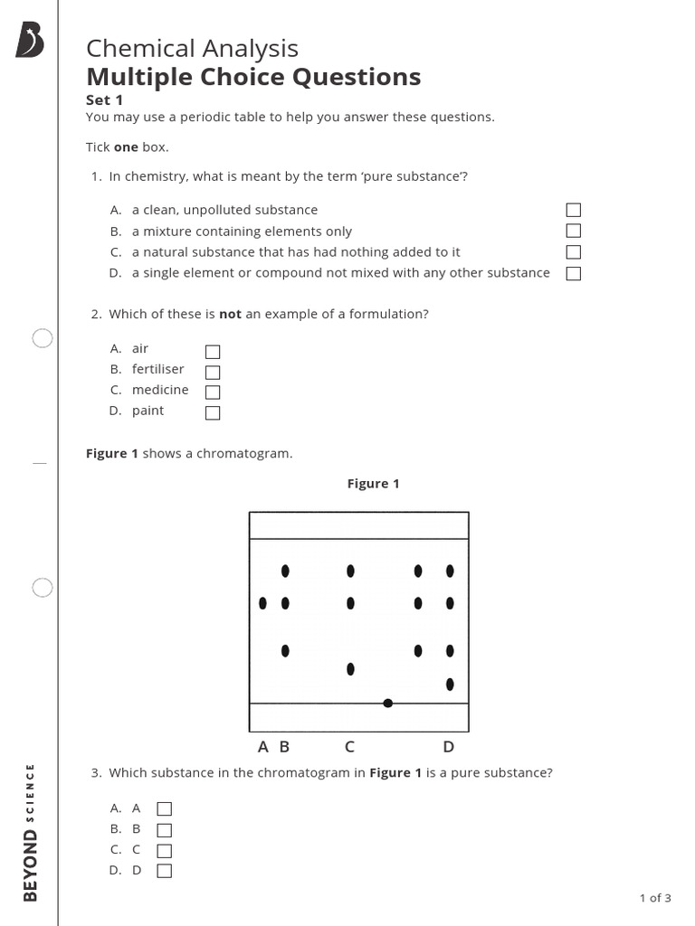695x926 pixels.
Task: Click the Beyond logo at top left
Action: point(30,41)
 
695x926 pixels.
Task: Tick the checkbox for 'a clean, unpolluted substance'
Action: point(573,210)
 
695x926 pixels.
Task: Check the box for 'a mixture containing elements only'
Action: point(573,231)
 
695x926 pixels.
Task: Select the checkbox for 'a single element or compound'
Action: point(573,273)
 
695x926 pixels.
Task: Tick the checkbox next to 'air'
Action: point(213,352)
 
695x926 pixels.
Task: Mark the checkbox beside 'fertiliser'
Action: point(213,372)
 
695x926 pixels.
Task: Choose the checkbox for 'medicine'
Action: point(213,392)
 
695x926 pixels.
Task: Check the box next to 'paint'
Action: point(213,413)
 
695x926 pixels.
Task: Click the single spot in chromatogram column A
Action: point(262,603)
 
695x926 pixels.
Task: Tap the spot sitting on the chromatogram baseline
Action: point(387,703)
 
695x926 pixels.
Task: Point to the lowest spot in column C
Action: point(350,669)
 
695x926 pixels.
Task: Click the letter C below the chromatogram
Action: point(349,747)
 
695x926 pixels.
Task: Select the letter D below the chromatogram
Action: point(448,747)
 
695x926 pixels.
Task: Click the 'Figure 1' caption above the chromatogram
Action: point(373,484)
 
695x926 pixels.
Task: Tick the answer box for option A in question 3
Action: point(164,808)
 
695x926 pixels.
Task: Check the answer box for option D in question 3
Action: point(164,871)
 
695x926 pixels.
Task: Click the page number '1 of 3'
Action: point(655,898)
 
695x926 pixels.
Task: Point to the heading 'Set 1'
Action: point(104,100)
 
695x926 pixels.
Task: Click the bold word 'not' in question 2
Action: point(230,315)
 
